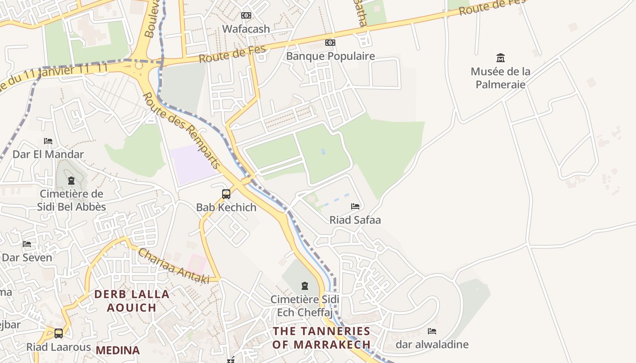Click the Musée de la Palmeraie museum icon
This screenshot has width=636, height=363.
[x=501, y=58]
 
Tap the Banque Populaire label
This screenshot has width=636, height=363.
[x=330, y=56]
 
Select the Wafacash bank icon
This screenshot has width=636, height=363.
[x=246, y=15]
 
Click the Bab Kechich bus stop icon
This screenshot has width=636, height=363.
[x=226, y=194]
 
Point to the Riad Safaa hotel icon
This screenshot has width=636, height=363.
[x=355, y=206]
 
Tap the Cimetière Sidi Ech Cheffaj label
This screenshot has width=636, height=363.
[x=305, y=306]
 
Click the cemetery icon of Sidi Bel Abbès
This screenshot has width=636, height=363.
[x=71, y=181]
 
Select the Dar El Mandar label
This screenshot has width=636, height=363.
[x=48, y=154]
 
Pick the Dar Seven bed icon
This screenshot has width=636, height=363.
[x=27, y=244]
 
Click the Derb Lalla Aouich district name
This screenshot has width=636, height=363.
[x=132, y=301]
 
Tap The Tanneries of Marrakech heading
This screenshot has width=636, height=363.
[x=322, y=338]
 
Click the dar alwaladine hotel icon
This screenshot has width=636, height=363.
[x=432, y=331]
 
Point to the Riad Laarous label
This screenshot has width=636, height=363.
[x=59, y=348]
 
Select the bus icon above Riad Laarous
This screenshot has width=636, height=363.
[x=59, y=334]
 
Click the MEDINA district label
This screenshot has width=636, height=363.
[x=118, y=350]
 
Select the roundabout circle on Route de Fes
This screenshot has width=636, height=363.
[x=139, y=66]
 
